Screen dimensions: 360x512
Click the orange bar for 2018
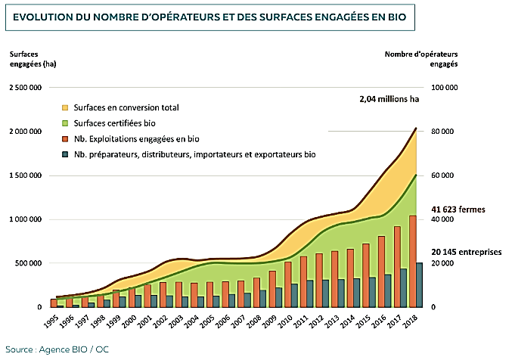412,261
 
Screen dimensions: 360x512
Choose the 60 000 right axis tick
444,175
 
